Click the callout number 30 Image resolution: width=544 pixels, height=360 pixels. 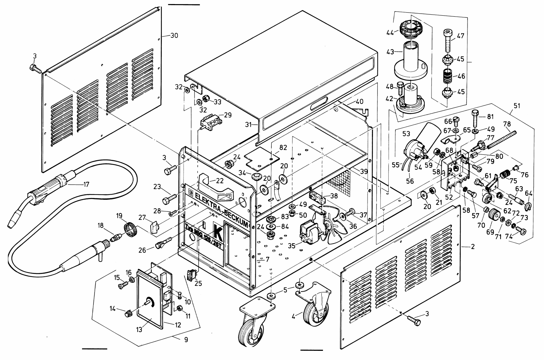(x=174, y=35)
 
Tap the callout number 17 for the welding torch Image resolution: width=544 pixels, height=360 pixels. (x=86, y=184)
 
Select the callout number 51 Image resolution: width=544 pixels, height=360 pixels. (x=517, y=106)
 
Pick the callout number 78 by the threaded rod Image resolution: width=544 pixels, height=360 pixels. (x=507, y=124)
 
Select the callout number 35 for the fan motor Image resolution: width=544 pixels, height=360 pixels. (x=292, y=246)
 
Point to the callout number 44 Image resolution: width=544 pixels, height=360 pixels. (x=390, y=32)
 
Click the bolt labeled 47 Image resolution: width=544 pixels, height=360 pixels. (x=449, y=41)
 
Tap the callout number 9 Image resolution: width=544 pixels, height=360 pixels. (x=186, y=339)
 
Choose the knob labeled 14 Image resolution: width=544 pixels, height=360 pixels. (x=128, y=314)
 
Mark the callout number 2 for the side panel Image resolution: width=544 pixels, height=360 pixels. (x=473, y=247)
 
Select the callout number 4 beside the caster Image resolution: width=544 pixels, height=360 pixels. (x=293, y=316)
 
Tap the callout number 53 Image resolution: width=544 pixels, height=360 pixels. (x=406, y=134)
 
